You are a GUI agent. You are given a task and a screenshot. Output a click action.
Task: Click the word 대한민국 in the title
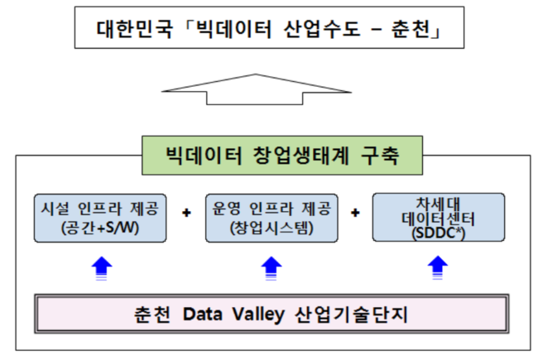(x=134, y=29)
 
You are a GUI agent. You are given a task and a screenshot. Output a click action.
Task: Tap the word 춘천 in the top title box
(x=411, y=29)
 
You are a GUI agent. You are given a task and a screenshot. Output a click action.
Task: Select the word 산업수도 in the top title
(x=321, y=29)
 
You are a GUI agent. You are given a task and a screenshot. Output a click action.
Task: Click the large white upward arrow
(x=257, y=89)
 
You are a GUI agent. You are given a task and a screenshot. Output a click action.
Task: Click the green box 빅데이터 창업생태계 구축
(x=282, y=156)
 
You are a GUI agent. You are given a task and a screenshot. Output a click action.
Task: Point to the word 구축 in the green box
(x=380, y=156)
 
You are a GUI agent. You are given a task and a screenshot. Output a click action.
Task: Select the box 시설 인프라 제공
(x=100, y=218)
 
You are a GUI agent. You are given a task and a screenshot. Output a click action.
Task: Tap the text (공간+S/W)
(x=100, y=228)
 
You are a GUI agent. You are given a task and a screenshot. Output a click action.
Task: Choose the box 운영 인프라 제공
(x=271, y=218)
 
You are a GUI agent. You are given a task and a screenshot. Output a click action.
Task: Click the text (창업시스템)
(x=271, y=228)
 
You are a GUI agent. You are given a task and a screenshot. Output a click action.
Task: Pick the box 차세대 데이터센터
(x=439, y=217)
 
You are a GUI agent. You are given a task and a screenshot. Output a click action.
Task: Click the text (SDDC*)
(x=439, y=233)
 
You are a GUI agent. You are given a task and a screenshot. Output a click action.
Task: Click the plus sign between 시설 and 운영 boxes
(x=186, y=213)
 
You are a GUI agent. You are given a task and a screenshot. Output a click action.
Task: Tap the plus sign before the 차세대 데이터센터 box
(x=355, y=213)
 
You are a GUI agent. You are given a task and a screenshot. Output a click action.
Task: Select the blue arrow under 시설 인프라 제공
(x=102, y=268)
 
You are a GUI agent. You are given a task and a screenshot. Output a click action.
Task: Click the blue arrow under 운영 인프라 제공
(x=271, y=268)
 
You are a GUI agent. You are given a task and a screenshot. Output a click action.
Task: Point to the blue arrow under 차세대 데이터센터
(x=438, y=267)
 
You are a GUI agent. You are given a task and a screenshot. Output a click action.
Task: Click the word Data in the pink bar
(x=203, y=314)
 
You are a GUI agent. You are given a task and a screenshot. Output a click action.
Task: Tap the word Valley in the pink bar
(x=258, y=314)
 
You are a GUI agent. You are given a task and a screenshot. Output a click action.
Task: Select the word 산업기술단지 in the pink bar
(x=351, y=314)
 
